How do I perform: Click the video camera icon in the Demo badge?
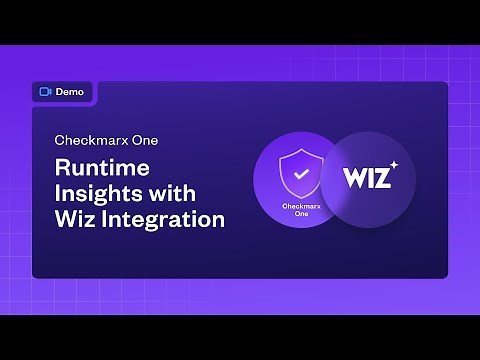[45, 91]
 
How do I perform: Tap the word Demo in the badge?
[70, 91]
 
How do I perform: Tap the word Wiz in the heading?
[76, 217]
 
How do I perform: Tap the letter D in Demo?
[60, 91]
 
